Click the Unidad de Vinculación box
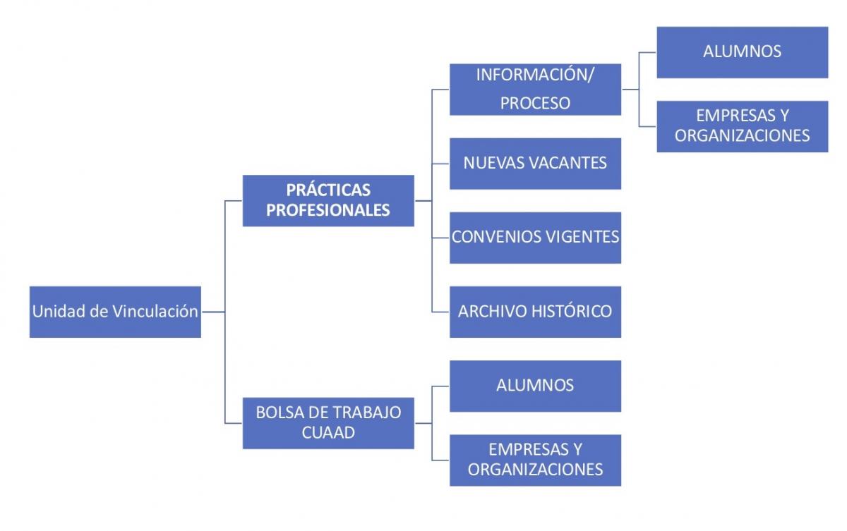coord(115,312)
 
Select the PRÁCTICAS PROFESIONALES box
coord(328,200)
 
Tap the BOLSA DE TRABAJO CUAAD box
coord(328,422)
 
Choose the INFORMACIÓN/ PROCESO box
coord(535,89)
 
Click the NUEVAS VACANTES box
coord(535,163)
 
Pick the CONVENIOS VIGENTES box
coord(535,237)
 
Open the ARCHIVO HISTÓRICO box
coord(535,311)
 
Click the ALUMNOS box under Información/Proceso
coord(742,51)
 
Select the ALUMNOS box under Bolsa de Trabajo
coord(535,386)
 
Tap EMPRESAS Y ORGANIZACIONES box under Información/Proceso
coord(742,126)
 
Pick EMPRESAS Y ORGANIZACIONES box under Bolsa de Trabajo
coord(535,460)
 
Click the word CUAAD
coord(328,432)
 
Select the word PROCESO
coord(535,103)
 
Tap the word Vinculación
coord(155,312)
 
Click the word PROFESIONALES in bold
coord(328,210)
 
